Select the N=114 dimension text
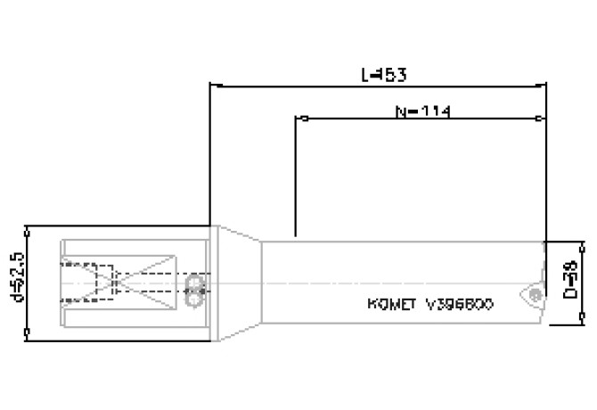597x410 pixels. pyautogui.click(x=421, y=111)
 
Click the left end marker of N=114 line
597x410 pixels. pyautogui.click(x=302, y=118)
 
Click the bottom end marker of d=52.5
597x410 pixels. pyautogui.click(x=29, y=334)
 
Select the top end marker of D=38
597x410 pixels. pyautogui.click(x=582, y=242)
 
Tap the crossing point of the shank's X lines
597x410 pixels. pyautogui.click(x=118, y=283)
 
